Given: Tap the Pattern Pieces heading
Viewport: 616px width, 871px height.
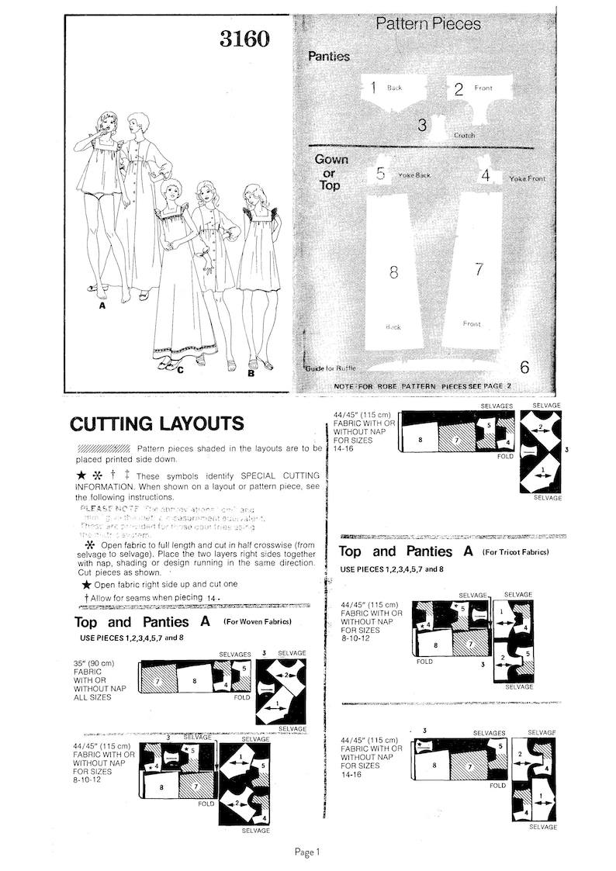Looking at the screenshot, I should (428, 24).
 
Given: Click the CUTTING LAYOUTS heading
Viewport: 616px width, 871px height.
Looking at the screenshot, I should (157, 423).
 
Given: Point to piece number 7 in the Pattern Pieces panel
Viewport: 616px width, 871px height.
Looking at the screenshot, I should (479, 269).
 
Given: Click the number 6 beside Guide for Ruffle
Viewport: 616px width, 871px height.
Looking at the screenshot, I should (524, 368).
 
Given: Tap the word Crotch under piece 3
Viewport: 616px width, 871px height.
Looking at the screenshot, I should (465, 135).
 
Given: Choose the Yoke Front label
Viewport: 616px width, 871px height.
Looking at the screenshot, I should (528, 178).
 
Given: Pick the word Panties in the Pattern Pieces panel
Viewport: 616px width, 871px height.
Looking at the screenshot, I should (329, 57).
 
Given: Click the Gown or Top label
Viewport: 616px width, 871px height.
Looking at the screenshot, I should (331, 172).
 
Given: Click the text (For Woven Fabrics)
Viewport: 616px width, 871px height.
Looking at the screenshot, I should (257, 622).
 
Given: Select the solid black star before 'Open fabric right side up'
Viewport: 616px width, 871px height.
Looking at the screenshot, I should (86, 584).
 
